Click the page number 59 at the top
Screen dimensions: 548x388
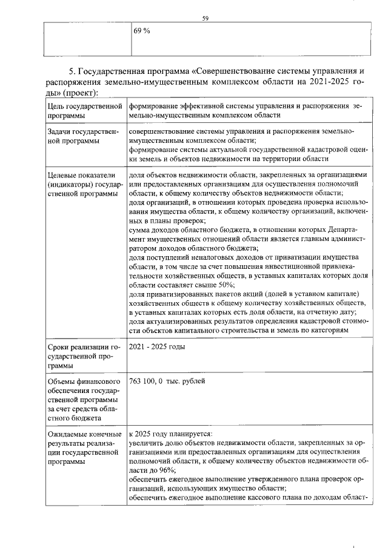pyautogui.click(x=206, y=19)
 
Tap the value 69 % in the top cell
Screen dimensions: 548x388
pyautogui.click(x=142, y=30)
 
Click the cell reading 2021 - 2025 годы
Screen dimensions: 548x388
pyautogui.click(x=157, y=347)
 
